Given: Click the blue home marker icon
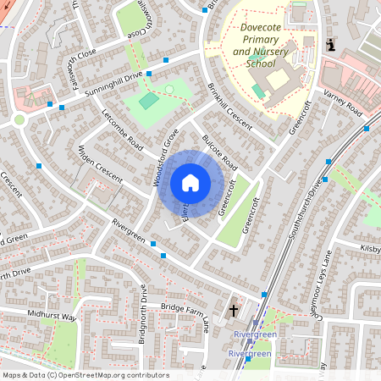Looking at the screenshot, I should click(x=190, y=183).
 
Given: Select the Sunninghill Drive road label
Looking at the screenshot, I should click(x=109, y=84).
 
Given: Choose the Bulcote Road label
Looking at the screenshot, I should click(x=218, y=152).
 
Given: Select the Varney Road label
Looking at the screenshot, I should click(x=343, y=108).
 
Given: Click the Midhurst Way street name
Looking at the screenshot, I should click(x=51, y=317).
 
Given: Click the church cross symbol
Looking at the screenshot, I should click(x=234, y=311).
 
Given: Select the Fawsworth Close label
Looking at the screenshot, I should click(x=86, y=69).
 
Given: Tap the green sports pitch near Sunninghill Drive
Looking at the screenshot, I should click(x=149, y=101).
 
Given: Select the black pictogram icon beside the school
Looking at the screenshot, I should click(x=330, y=44).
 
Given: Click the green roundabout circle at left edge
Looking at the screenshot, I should click(x=19, y=119).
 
